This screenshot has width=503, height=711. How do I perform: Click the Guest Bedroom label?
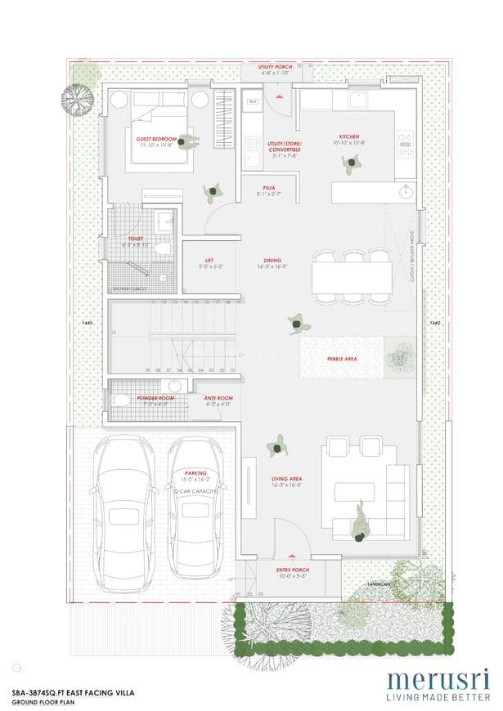click(x=156, y=139)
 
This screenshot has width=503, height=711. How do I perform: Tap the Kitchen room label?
click(x=349, y=136)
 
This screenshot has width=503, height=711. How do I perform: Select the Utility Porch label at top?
click(x=275, y=66)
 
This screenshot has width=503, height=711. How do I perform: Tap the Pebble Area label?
click(x=341, y=358)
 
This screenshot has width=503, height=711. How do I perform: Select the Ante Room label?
click(x=218, y=398)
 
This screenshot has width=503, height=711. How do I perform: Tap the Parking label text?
click(x=195, y=472)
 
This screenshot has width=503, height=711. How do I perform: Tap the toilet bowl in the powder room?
click(x=121, y=400)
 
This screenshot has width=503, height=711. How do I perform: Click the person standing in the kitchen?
click(x=350, y=163)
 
